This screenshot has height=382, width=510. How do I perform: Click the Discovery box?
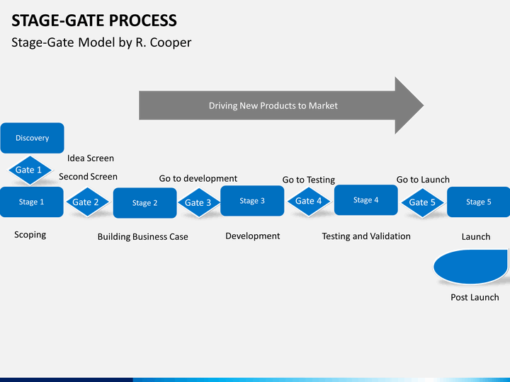click(32, 138)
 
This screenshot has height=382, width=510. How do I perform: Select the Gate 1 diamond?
click(29, 170)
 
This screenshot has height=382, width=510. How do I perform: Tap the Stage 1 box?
click(31, 202)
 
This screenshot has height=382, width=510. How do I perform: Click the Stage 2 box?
click(144, 203)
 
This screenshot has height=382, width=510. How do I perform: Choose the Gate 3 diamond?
click(198, 203)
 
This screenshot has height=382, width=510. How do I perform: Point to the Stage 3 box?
click(252, 201)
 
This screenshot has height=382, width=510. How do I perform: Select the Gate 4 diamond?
click(309, 201)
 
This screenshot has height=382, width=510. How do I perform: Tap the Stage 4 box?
click(365, 200)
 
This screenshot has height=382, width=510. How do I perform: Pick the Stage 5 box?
click(478, 202)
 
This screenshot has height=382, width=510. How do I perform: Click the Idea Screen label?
click(91, 158)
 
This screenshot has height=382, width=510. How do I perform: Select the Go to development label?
click(198, 178)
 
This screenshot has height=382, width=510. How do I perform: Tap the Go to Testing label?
click(309, 180)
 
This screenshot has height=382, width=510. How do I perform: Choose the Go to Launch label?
click(423, 180)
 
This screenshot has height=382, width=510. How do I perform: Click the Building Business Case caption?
click(143, 236)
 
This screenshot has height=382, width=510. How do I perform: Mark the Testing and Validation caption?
click(366, 236)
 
